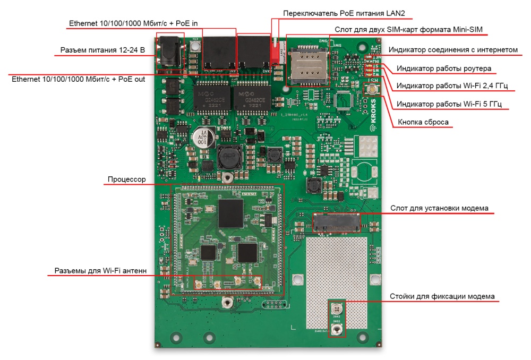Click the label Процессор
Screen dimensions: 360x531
[x=126, y=179]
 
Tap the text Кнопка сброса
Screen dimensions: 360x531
[x=423, y=122]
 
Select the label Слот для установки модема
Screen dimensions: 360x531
[x=439, y=208]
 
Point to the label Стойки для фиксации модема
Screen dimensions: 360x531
[x=442, y=296]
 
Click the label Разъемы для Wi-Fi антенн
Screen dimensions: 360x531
[x=100, y=271]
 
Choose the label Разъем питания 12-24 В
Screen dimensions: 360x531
[x=102, y=50]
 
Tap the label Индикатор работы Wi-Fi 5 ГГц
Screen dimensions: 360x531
[x=449, y=103]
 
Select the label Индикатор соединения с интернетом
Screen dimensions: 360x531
[x=453, y=50]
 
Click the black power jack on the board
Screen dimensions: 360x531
[x=170, y=53]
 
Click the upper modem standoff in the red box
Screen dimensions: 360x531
[x=336, y=308]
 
